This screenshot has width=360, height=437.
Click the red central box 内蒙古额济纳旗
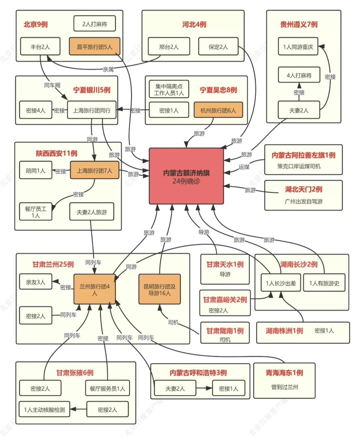[x=186, y=176]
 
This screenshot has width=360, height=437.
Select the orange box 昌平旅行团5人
[x=94, y=47]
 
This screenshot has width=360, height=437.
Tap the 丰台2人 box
[x=40, y=47]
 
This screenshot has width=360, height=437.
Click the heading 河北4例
[x=194, y=24]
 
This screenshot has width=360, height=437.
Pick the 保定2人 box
[x=218, y=47]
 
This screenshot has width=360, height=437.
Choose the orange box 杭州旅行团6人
[x=218, y=110]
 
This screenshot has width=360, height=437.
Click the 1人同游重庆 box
[x=298, y=47]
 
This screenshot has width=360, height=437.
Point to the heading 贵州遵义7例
[x=299, y=24]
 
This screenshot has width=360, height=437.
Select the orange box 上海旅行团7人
[x=94, y=170]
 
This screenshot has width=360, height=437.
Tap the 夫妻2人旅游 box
[x=91, y=212]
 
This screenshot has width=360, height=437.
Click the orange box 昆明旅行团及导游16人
[x=159, y=289]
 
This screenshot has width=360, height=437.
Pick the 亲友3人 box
[x=35, y=282]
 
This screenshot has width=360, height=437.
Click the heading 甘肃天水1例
[x=225, y=264]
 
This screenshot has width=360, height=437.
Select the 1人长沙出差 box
[x=281, y=283]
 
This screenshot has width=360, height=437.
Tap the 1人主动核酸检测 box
[x=44, y=409]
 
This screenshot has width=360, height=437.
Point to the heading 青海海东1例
[x=284, y=373]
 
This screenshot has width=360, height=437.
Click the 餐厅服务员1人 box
[x=107, y=388]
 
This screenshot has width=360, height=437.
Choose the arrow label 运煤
[x=244, y=167]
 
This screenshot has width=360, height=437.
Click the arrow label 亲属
[x=108, y=69]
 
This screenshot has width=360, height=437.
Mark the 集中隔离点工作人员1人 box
[x=169, y=89]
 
